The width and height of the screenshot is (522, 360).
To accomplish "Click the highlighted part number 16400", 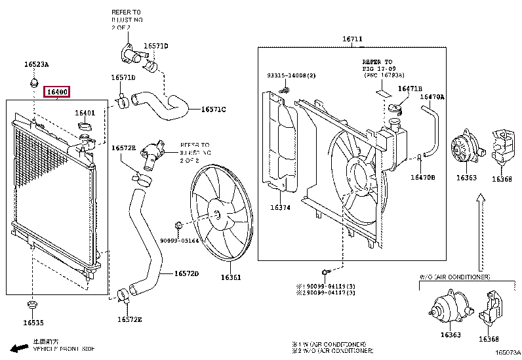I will [x=56, y=92].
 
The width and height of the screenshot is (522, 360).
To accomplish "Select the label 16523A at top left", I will [x=37, y=64].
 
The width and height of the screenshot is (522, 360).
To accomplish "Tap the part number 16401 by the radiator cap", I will [x=85, y=113].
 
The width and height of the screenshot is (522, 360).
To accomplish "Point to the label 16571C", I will [x=213, y=109].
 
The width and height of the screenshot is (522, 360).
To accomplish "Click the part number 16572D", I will [x=186, y=273].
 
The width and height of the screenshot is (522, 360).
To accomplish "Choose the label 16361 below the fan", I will [x=230, y=277].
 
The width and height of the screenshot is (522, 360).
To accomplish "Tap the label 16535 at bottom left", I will [x=33, y=323].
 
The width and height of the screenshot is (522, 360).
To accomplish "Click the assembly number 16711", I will [x=351, y=39].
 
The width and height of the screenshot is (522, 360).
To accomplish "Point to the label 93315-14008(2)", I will [x=291, y=75].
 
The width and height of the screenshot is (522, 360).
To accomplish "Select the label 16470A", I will [x=432, y=97].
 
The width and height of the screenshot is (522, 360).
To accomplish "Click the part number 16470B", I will [x=423, y=177].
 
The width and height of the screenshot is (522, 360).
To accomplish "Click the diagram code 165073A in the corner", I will [x=508, y=353].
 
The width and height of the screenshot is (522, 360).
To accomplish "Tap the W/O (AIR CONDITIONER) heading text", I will [x=454, y=277].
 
